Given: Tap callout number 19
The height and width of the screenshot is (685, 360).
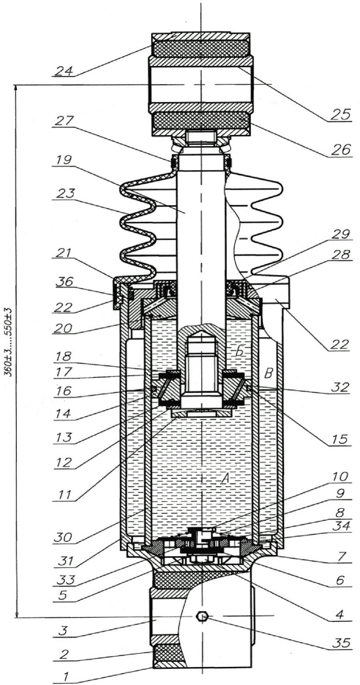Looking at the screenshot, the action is (x=64, y=169).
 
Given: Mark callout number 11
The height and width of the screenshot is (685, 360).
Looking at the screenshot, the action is (x=63, y=496).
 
